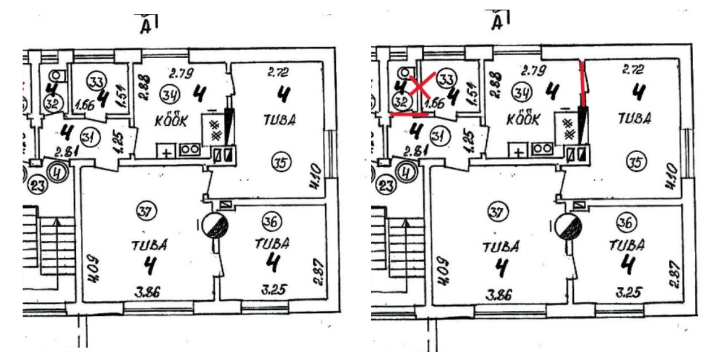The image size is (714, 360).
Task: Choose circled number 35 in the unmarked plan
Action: coord(281,164)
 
